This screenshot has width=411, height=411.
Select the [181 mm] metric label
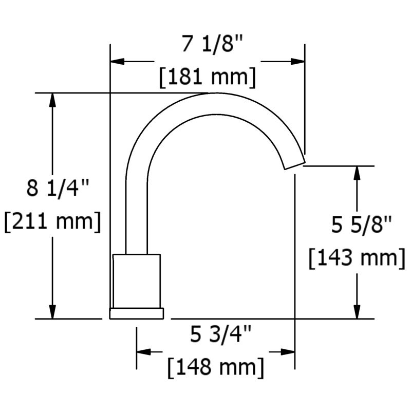click(208, 77)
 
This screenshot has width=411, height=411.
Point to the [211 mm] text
click(52, 221)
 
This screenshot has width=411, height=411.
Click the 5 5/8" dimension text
click(362, 225)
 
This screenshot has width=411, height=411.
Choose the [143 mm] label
click(357, 258)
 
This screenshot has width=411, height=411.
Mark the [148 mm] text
click(216, 367)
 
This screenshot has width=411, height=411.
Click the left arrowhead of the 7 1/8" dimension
click(118, 62)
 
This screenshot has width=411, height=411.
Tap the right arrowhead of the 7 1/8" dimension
click(297, 62)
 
